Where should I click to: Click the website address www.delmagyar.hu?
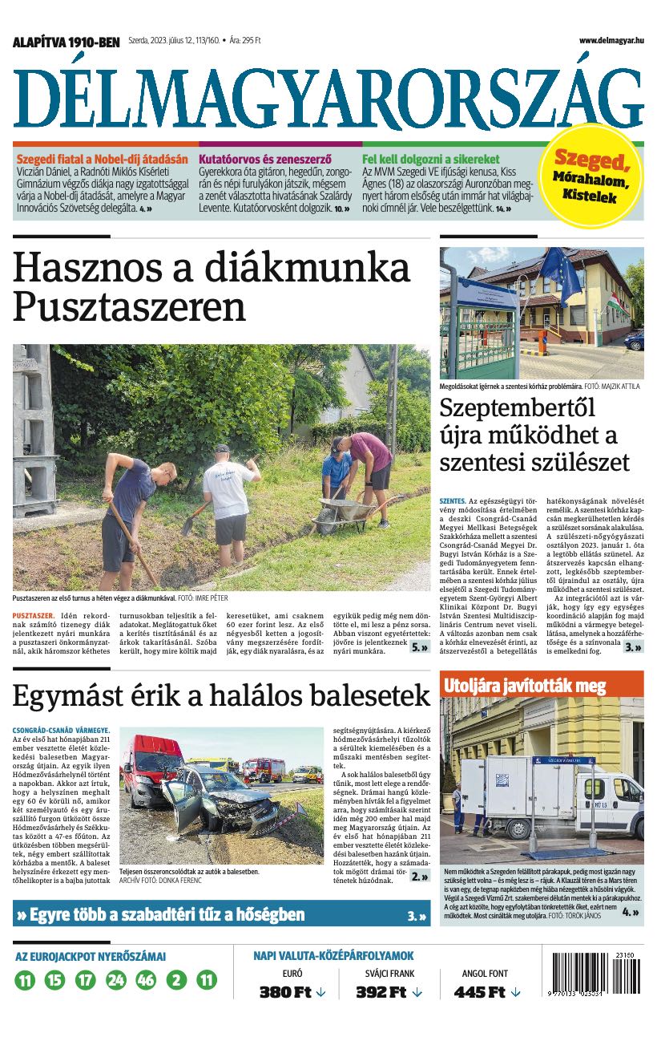click(x=611, y=41)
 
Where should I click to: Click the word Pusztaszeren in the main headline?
click(x=129, y=306)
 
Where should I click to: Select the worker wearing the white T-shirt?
click(x=228, y=494)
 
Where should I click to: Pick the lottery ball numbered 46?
click(x=146, y=980)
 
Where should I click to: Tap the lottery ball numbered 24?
click(x=116, y=980)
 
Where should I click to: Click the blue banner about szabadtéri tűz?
click(x=221, y=914)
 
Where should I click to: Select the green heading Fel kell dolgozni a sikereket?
click(x=430, y=159)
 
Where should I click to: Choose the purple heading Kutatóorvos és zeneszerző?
click(x=264, y=159)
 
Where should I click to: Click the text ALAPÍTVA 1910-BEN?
click(x=66, y=42)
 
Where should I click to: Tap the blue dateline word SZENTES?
click(x=451, y=501)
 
